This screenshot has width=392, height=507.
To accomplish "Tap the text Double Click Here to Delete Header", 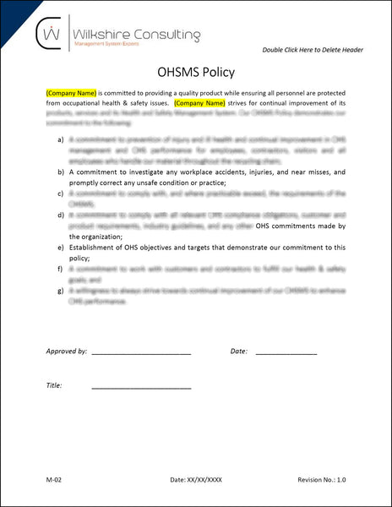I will pos(313,50).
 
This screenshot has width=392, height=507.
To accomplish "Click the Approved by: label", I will pos(65,350).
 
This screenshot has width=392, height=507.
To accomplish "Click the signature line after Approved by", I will pos(141,352).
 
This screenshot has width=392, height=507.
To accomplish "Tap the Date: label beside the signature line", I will pos(238,350).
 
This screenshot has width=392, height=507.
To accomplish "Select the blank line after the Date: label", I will pos(286,352).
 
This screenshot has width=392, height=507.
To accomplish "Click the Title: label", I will pos(55,385).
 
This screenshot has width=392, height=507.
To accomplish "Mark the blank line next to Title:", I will pos(141,387).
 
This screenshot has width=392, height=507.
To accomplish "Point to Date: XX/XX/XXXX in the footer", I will pos(195,479).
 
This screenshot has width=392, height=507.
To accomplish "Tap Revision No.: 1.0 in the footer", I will pos(322,479).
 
